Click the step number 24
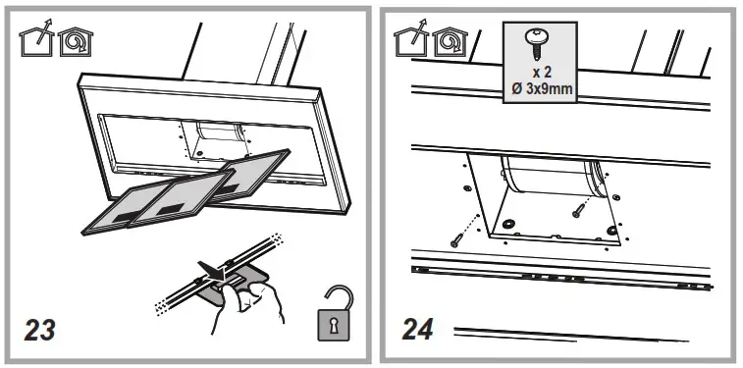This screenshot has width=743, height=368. (418, 329)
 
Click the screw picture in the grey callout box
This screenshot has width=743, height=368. (540, 38)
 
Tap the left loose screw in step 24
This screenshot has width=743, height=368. (459, 236)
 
